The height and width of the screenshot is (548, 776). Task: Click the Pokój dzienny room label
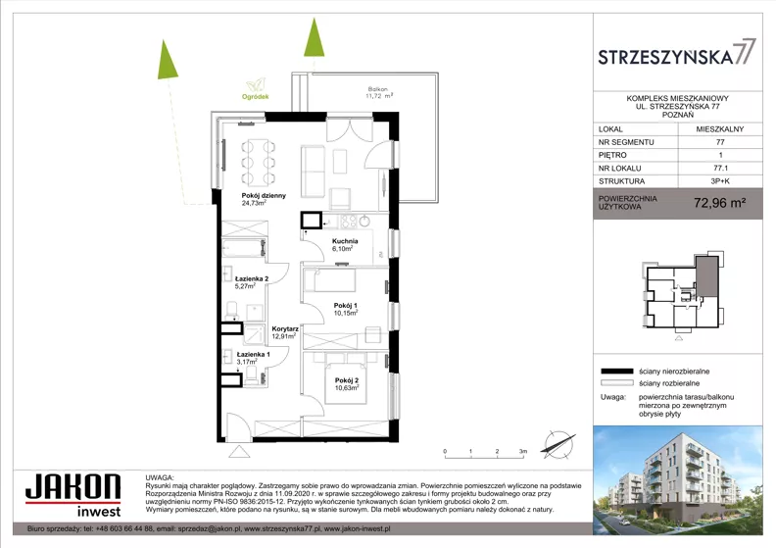(x=264, y=199)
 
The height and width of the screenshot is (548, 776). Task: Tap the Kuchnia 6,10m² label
(x=345, y=245)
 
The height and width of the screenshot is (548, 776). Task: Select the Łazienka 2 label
(x=252, y=282)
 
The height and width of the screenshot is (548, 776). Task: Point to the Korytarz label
(x=285, y=332)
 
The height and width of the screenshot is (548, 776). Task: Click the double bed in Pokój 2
(x=346, y=377)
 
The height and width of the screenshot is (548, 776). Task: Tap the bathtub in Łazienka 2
(x=244, y=247)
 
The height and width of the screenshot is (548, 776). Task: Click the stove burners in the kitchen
(x=348, y=221)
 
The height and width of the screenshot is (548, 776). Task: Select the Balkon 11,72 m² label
(x=379, y=92)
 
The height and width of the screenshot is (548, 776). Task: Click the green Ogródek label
(x=256, y=97)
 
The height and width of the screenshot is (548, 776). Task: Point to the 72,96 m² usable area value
(x=719, y=203)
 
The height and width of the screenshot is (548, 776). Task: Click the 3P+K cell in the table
(x=719, y=181)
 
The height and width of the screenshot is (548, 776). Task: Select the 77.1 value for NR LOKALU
(x=719, y=169)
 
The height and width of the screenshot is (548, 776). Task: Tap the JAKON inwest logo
(x=73, y=495)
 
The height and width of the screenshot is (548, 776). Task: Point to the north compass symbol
(x=558, y=443)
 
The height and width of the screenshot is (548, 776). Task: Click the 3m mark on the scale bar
(x=523, y=451)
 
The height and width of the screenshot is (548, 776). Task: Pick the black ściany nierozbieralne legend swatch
(x=617, y=372)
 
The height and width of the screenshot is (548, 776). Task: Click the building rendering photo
(x=678, y=479)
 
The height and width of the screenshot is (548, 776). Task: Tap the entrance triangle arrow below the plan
(x=239, y=452)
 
